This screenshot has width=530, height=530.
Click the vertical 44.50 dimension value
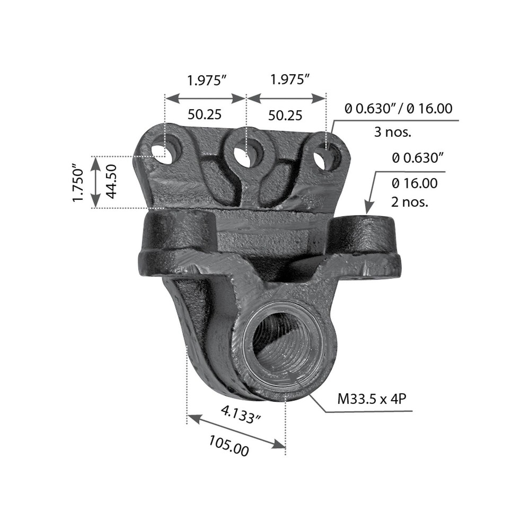[111, 181]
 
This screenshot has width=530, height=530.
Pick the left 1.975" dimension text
[206, 80]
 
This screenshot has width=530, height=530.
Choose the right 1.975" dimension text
[289, 80]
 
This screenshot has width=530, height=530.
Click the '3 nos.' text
[392, 132]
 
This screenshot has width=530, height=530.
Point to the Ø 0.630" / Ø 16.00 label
[398, 109]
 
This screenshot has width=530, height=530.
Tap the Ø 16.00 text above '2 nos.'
[414, 184]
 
